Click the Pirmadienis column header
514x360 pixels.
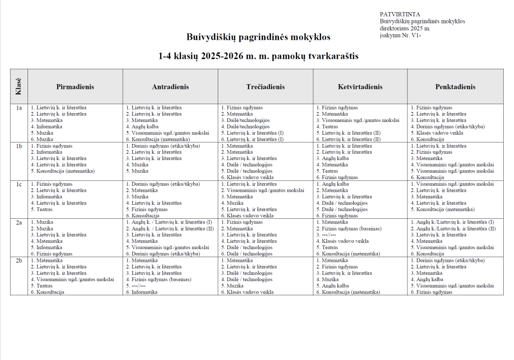75,86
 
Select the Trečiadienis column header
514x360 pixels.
265,86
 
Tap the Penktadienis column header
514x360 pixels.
455,86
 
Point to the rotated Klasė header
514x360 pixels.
19,86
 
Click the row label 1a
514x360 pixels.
19,108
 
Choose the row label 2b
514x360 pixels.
19,260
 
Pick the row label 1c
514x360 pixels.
19,184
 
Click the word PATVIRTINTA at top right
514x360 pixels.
400,14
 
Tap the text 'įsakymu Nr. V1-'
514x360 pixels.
400,35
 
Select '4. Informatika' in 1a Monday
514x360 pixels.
46,127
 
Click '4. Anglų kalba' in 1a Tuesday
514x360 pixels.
142,127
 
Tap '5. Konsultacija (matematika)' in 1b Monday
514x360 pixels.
63,171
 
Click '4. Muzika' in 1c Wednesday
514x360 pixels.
232,203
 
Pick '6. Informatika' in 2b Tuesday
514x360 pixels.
142,292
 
